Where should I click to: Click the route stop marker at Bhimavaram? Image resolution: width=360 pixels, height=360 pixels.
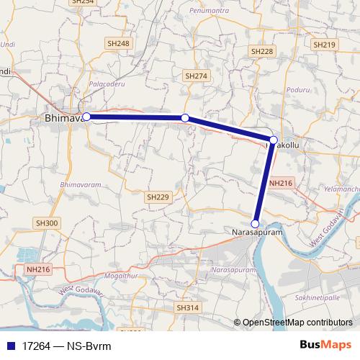point(86,117)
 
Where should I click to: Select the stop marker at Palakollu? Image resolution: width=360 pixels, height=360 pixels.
point(274,140)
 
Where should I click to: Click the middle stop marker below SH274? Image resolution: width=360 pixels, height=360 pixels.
point(185,117)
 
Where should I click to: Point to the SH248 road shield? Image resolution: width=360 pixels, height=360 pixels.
point(120,44)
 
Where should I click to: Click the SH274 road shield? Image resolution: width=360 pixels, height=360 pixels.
point(196,76)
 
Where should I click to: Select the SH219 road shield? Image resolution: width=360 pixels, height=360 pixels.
point(325,45)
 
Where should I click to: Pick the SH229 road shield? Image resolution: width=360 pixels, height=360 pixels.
point(157,197)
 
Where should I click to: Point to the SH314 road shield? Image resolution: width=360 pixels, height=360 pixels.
point(187,307)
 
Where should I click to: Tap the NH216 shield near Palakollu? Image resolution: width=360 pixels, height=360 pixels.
point(280,184)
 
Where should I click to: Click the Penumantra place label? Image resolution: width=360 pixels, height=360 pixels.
point(208,12)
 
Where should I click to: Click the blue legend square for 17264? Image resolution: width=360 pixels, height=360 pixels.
point(10,346)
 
